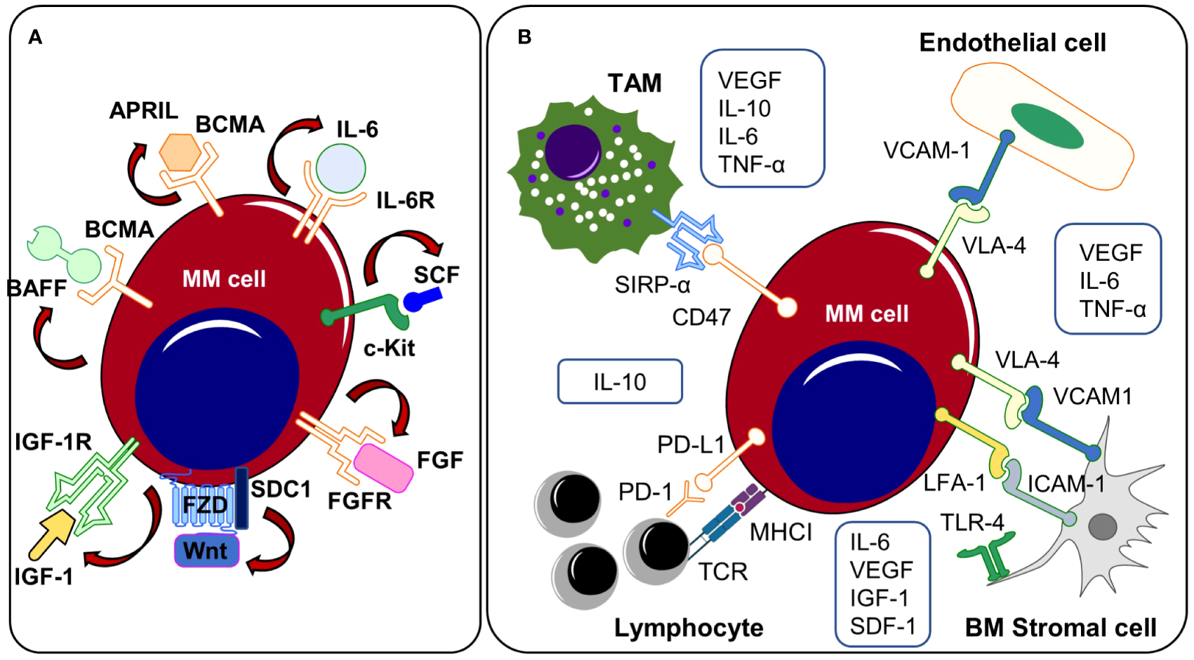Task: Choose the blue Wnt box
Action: tap(206, 551)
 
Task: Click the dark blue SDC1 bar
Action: tap(241, 498)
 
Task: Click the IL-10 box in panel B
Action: tap(620, 382)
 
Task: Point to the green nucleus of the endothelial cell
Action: tap(1047, 126)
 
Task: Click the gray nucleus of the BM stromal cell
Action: tap(1102, 527)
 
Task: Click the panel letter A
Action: tap(35, 37)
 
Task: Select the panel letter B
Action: tap(524, 37)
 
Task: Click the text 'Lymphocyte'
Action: tap(689, 628)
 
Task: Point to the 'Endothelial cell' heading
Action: tap(1012, 43)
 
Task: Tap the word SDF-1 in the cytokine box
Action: tap(882, 626)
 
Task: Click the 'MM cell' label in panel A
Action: tap(224, 279)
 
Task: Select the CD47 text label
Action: tap(701, 318)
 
